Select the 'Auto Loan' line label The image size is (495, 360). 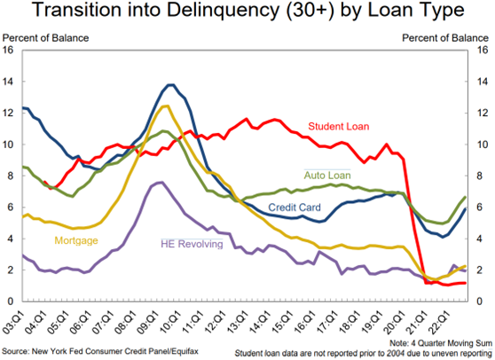coord(327,176)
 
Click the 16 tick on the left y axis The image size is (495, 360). coord(10,50)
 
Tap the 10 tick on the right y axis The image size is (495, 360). coord(483,145)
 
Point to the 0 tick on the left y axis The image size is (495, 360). coord(10,302)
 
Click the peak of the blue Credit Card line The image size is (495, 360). coord(170,85)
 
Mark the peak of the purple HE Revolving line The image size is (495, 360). coord(158,183)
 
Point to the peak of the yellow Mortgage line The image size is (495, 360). coord(165,106)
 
